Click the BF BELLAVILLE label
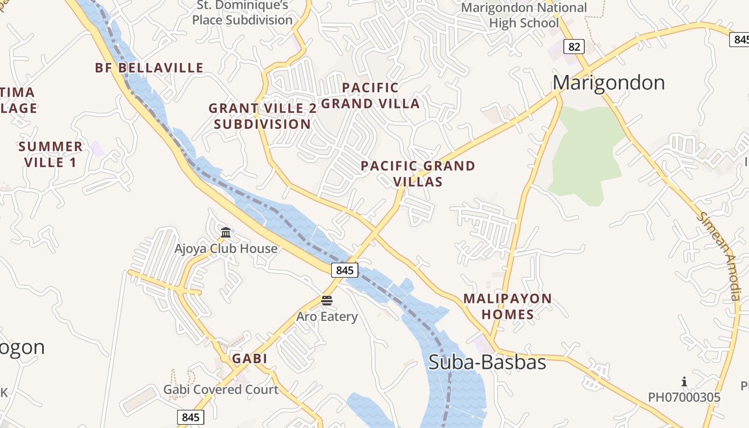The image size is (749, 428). [149, 68]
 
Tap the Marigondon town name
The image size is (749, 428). [609, 83]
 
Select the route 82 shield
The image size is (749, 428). [574, 47]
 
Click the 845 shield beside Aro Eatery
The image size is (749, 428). [345, 270]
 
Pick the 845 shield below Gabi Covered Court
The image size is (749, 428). [190, 417]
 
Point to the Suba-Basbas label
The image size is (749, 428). [487, 362]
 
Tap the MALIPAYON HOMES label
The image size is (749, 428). [507, 307]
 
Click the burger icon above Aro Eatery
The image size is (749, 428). [327, 300]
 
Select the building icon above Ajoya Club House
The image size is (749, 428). [226, 233]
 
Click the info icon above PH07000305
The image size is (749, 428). [684, 381]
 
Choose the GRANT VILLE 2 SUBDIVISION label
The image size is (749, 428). [262, 116]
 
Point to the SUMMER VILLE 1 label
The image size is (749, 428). [51, 154]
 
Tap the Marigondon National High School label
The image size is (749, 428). [524, 16]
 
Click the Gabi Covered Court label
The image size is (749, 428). [221, 389]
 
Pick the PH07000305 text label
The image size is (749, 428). [684, 398]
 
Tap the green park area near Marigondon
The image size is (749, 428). [586, 155]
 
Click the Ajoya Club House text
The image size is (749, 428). [226, 249]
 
